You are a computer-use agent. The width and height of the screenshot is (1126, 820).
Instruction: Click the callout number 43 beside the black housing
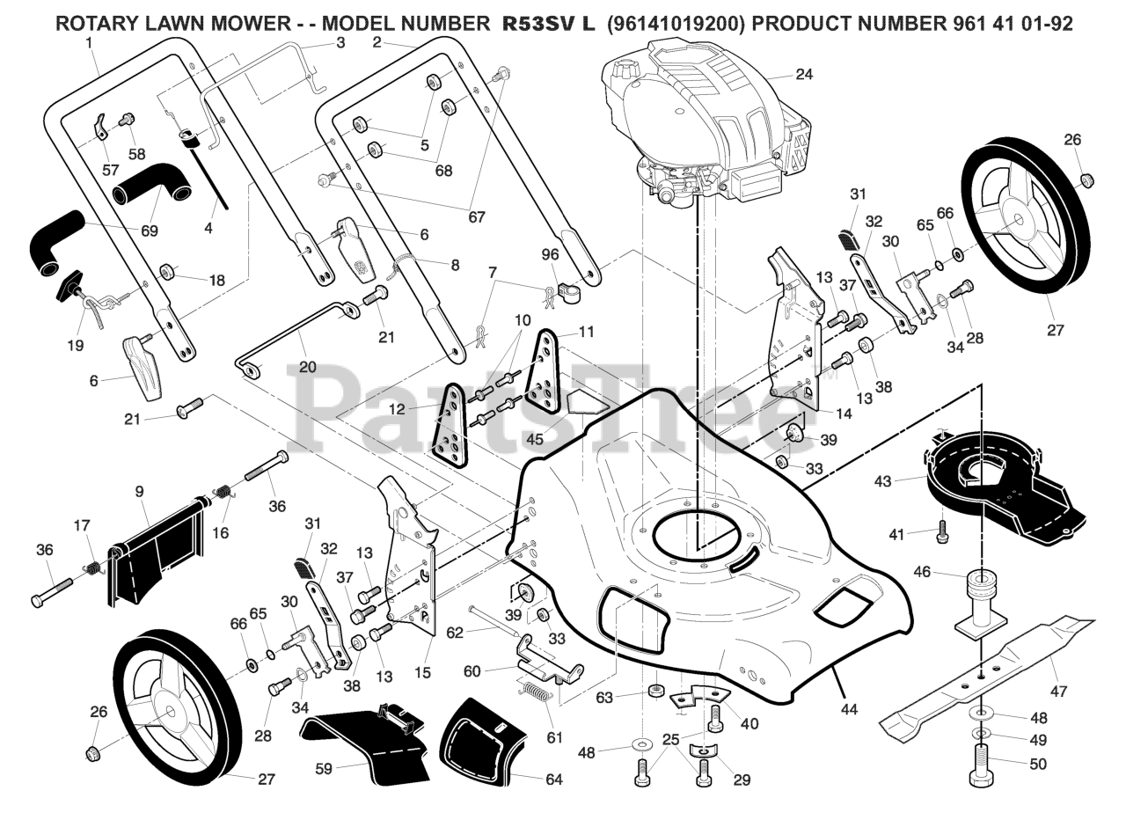883,481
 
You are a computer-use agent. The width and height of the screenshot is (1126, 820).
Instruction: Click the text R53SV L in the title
548,24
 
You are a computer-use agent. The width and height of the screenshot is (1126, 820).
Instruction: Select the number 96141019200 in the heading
675,24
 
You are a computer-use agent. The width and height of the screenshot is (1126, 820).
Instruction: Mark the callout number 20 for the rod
307,367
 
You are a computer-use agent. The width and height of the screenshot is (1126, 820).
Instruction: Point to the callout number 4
208,228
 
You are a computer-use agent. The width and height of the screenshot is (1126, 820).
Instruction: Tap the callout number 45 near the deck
534,437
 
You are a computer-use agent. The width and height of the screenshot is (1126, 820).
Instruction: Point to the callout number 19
76,346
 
